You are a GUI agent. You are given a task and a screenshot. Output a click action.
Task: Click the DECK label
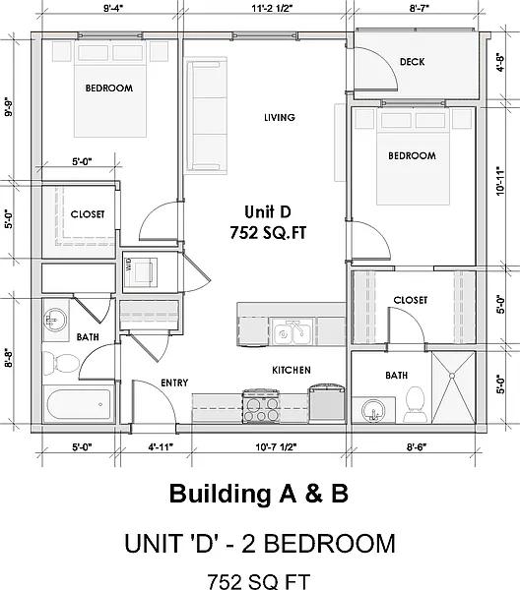(413, 62)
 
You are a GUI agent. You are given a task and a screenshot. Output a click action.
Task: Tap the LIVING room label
(280, 117)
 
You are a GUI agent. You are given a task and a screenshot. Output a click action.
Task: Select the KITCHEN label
(292, 371)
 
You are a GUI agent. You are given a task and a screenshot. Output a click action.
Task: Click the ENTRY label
(174, 383)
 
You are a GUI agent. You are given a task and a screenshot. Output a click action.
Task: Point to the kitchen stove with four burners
(261, 406)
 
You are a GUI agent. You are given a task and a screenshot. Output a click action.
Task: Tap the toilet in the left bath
(61, 363)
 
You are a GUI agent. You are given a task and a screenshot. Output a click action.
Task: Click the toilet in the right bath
(416, 403)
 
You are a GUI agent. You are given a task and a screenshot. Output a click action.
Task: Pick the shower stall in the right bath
(453, 387)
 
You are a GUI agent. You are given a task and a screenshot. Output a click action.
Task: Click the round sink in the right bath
(373, 410)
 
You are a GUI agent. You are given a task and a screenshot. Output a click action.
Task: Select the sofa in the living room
(206, 115)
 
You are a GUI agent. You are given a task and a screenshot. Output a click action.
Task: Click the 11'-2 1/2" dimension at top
(272, 8)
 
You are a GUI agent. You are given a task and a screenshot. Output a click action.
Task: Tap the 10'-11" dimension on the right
(500, 181)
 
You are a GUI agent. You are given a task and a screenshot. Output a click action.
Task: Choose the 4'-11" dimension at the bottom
(161, 447)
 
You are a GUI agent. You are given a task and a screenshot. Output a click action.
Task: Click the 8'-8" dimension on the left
(9, 359)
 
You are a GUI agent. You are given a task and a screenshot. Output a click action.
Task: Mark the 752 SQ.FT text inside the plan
(268, 233)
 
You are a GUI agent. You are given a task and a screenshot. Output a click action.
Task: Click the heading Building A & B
(259, 494)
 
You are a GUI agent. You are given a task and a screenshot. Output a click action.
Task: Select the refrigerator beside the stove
(327, 403)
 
